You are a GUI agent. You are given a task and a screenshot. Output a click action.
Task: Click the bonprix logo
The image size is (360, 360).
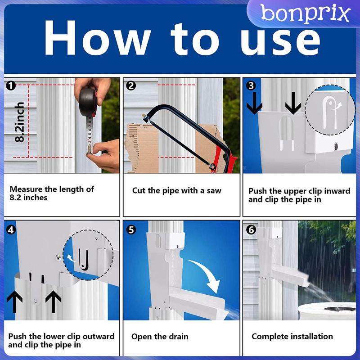click(305, 13)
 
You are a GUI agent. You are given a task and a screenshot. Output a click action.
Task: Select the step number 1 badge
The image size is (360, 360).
click(11, 86)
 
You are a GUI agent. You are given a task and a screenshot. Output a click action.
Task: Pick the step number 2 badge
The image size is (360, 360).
click(131, 86)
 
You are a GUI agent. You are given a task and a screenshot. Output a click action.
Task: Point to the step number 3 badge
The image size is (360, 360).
click(251, 86)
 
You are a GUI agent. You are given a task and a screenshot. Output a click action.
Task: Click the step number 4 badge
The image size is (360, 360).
click(11, 229)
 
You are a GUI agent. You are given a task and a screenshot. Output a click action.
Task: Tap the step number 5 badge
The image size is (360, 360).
click(131, 229)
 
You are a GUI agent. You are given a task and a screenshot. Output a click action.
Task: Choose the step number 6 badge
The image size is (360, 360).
click(251, 229)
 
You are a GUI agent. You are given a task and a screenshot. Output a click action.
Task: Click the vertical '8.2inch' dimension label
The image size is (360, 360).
click(19, 121)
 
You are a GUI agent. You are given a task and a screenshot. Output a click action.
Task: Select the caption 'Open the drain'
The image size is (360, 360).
click(160, 337)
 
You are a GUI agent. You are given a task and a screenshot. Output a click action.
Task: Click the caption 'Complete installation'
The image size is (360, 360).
click(292, 336)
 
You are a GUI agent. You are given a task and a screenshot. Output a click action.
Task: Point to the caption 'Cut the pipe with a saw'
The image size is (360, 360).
click(176, 190)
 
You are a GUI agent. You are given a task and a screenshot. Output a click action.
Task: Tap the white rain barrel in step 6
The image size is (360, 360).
click(327, 311)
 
